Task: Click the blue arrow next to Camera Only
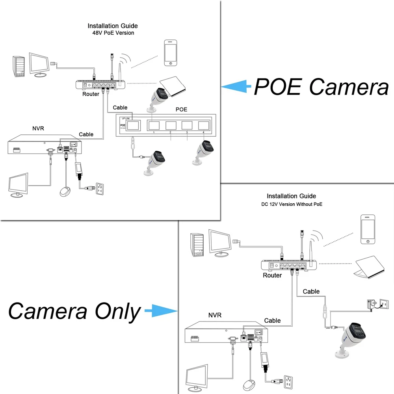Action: pyautogui.click(x=159, y=311)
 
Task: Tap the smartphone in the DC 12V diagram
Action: pyautogui.click(x=368, y=229)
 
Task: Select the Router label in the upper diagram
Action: pyautogui.click(x=91, y=94)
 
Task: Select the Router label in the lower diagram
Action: pyautogui.click(x=272, y=275)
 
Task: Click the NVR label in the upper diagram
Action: pyautogui.click(x=39, y=128)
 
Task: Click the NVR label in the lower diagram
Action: pyautogui.click(x=215, y=315)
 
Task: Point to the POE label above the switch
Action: pyautogui.click(x=181, y=109)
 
